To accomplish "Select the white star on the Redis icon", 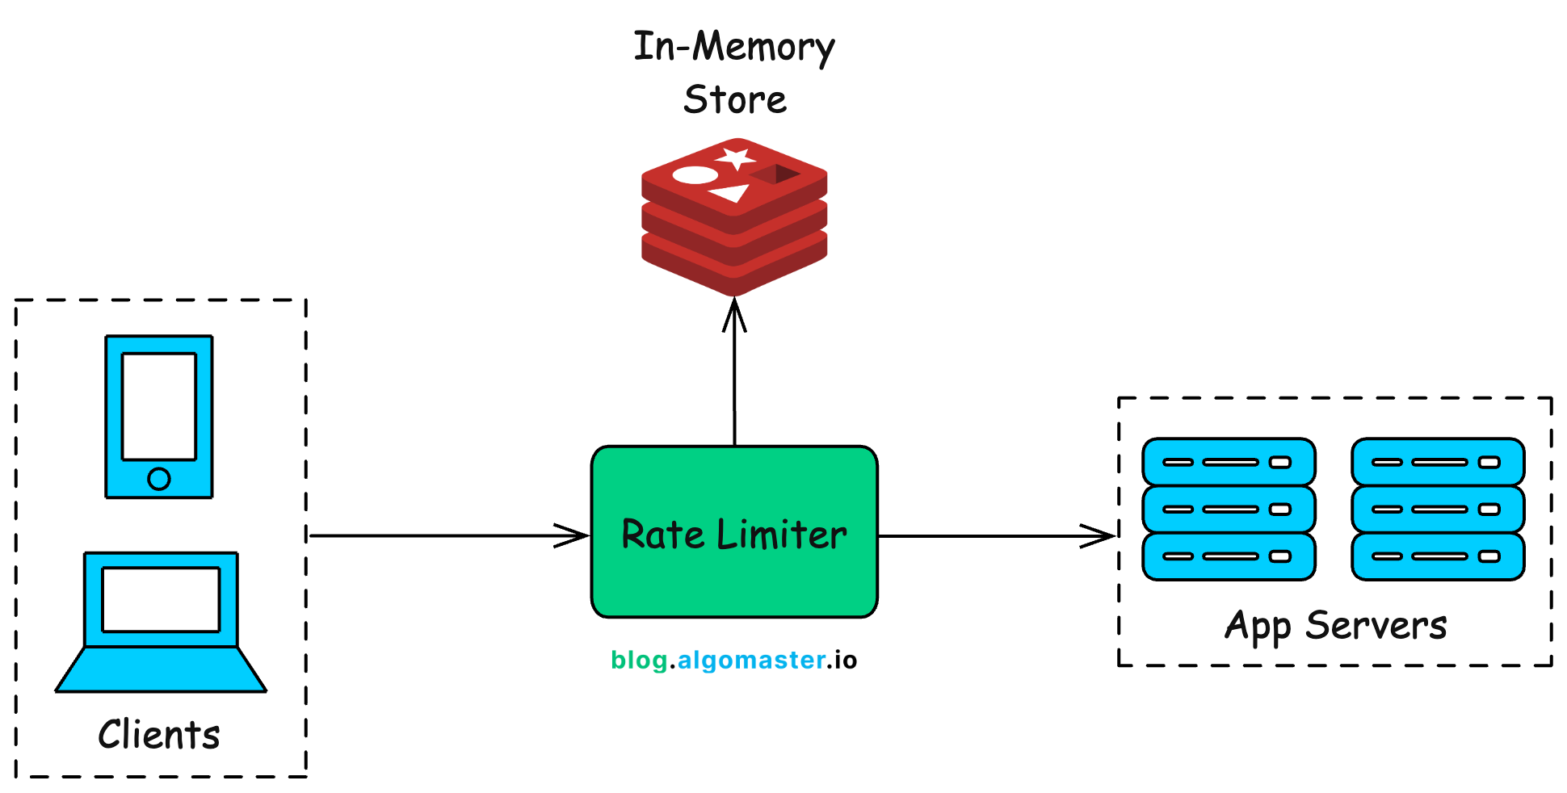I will [x=736, y=157].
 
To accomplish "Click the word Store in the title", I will [x=734, y=100].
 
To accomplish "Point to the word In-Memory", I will [x=733, y=47].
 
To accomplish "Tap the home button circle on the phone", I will [x=159, y=479].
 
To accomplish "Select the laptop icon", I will [x=161, y=622].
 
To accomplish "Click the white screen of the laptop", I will [x=161, y=599].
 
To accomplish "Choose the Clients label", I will [x=159, y=735].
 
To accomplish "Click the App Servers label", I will [x=1335, y=626].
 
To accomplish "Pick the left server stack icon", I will [x=1229, y=509].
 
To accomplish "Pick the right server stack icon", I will [x=1438, y=509].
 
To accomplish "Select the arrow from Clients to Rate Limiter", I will [x=448, y=535].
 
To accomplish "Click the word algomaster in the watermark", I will [x=751, y=661].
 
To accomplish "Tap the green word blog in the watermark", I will [x=638, y=661].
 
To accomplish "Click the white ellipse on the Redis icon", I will [x=695, y=174].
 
